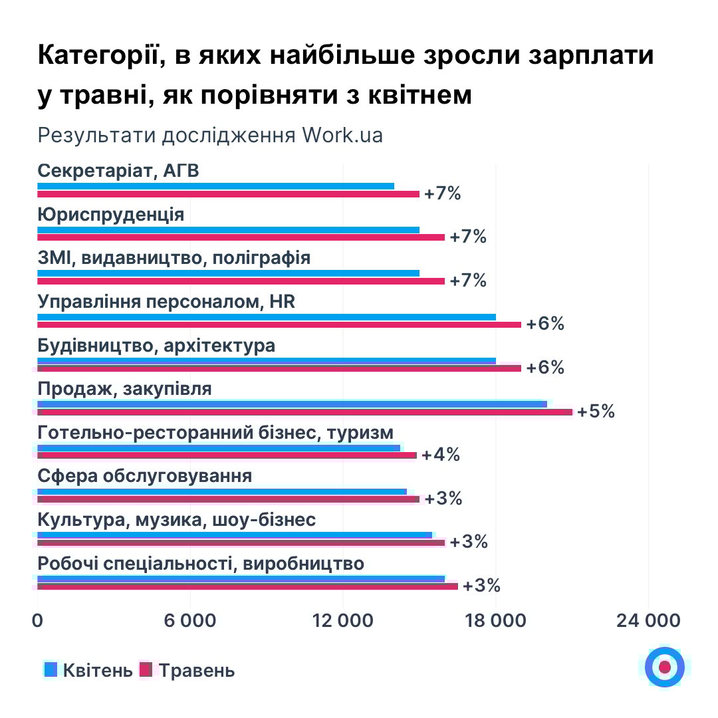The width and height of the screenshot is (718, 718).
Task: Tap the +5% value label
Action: click(596, 412)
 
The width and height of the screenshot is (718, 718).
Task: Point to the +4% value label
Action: click(441, 455)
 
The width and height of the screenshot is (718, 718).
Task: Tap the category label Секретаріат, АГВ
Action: click(119, 171)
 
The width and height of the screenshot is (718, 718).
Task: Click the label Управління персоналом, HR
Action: click(166, 302)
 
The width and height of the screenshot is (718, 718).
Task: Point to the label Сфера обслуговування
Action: click(145, 477)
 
